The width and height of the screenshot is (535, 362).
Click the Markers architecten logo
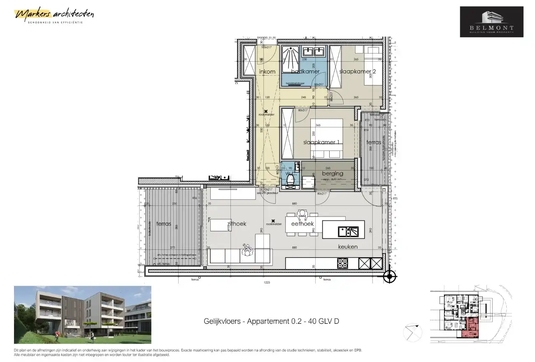54,15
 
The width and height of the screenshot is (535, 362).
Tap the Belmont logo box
491,22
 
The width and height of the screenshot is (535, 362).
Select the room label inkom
267,72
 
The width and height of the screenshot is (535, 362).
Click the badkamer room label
305,71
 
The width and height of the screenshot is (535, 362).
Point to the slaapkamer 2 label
358,71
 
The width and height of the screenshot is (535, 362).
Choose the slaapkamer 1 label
321,142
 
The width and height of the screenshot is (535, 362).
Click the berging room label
333,173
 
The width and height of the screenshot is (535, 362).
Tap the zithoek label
237,224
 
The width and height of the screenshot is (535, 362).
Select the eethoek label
302,224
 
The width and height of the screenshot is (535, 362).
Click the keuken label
348,247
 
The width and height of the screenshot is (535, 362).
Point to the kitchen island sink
348,232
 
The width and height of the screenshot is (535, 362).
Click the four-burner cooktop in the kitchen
342,263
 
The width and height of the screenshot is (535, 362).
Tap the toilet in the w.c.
291,179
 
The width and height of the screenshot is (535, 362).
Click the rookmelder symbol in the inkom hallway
266,111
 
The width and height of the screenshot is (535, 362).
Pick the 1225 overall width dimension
267,282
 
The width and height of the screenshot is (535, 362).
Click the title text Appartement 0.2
271,321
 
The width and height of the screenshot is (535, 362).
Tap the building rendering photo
82,315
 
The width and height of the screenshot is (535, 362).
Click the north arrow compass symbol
413,332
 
